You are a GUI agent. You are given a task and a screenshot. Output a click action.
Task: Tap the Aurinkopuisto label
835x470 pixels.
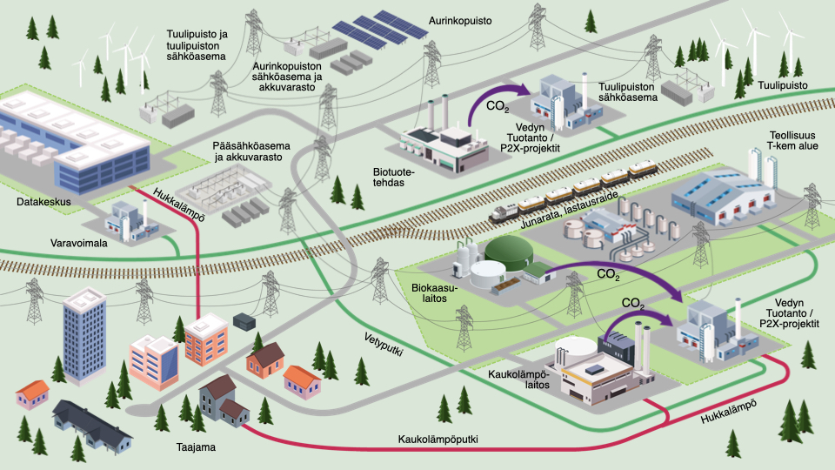(458, 18)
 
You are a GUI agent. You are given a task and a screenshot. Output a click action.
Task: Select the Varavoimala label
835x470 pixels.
(79, 244)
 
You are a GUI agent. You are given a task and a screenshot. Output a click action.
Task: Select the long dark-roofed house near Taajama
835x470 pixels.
(92, 427)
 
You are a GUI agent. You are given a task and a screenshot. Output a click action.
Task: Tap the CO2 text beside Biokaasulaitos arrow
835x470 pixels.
(608, 274)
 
